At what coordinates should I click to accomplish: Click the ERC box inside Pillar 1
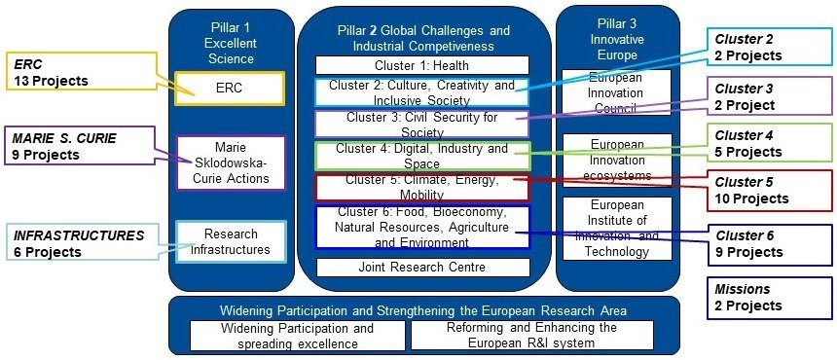click(x=230, y=89)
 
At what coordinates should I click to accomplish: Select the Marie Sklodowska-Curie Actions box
click(x=231, y=162)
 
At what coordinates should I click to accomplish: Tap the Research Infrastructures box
click(x=231, y=241)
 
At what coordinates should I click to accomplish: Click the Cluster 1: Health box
click(x=421, y=65)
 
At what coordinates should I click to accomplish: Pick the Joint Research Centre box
click(x=422, y=268)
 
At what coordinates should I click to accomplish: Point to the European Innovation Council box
click(x=616, y=92)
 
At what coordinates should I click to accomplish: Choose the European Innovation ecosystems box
click(x=617, y=160)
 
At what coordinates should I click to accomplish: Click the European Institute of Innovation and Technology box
click(x=617, y=229)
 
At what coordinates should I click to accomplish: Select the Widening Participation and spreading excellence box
click(x=297, y=336)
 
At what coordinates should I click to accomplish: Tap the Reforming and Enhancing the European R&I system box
click(x=531, y=336)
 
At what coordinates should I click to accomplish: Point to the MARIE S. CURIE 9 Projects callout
click(x=80, y=146)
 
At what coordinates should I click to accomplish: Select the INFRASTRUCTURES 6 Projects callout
click(x=84, y=243)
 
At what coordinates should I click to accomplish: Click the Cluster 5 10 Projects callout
click(x=769, y=191)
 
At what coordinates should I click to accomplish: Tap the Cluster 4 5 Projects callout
click(x=769, y=144)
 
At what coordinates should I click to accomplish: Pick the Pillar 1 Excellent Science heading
click(x=231, y=43)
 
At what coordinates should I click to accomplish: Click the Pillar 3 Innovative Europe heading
click(x=618, y=39)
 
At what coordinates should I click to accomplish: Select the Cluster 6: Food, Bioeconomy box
click(x=422, y=228)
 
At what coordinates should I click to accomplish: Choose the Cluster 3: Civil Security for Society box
click(x=421, y=125)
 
